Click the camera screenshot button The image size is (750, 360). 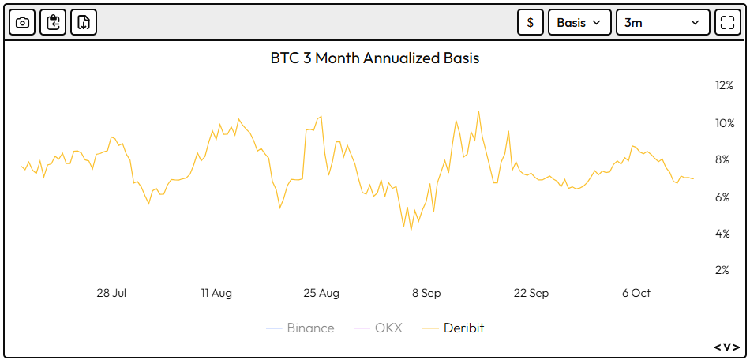coord(22,22)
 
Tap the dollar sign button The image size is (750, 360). coord(530,22)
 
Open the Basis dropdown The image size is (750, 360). coord(579,22)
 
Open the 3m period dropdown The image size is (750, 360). coord(662,22)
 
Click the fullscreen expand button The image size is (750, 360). coord(727,22)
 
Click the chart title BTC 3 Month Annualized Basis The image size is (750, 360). coord(375,58)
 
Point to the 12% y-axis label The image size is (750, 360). coord(724,85)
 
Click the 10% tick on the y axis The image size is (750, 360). coord(724,123)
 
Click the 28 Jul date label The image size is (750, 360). coord(111,293)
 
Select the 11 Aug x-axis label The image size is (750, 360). coord(216,293)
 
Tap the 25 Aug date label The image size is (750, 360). coord(321,293)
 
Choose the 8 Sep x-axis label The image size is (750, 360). coord(426,293)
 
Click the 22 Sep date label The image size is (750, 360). coord(531,293)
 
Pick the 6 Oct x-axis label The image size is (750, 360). coord(636,293)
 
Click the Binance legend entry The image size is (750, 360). coord(301,328)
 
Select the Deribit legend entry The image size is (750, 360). coord(453,328)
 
